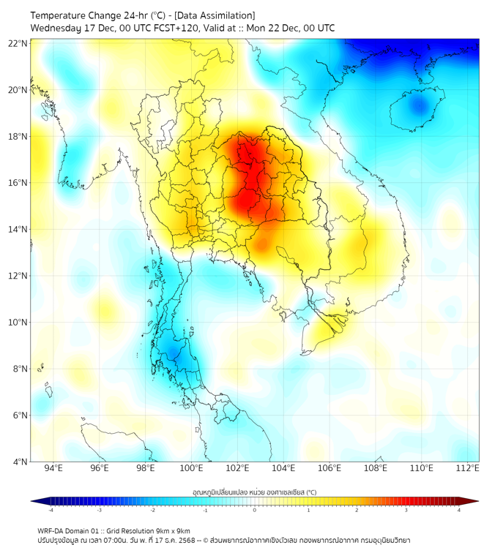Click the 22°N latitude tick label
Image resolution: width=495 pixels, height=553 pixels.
18,43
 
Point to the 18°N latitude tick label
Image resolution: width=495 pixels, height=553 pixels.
18,136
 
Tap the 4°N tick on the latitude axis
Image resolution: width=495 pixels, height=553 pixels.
21,462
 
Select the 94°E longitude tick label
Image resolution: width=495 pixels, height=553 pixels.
53,469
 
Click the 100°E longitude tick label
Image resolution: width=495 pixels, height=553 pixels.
191,469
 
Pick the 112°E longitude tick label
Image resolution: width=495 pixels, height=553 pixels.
467,469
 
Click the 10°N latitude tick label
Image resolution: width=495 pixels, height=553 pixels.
18,322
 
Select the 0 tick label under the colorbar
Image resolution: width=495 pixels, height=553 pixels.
255,510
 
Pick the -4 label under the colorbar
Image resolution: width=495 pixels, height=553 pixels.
50,510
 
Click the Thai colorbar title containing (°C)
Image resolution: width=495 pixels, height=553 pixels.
254,492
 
